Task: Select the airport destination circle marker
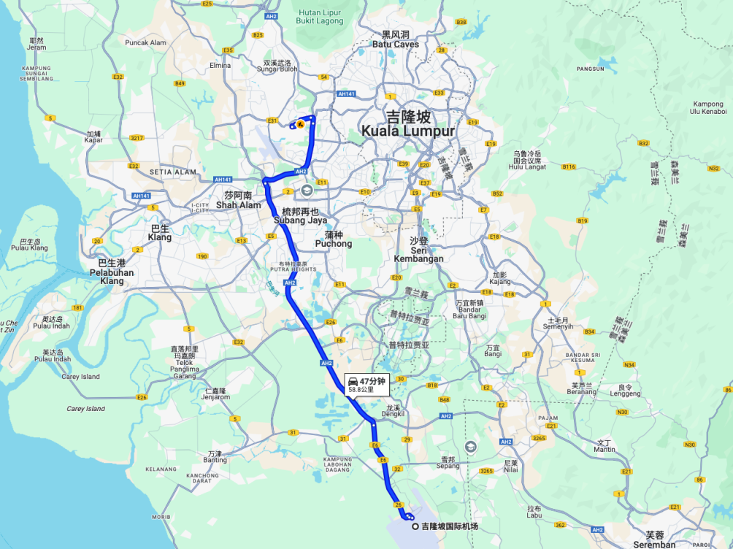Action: click(415, 526)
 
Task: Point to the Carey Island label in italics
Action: click(85, 409)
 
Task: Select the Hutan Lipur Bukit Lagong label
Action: click(319, 17)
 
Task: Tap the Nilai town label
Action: click(510, 467)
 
